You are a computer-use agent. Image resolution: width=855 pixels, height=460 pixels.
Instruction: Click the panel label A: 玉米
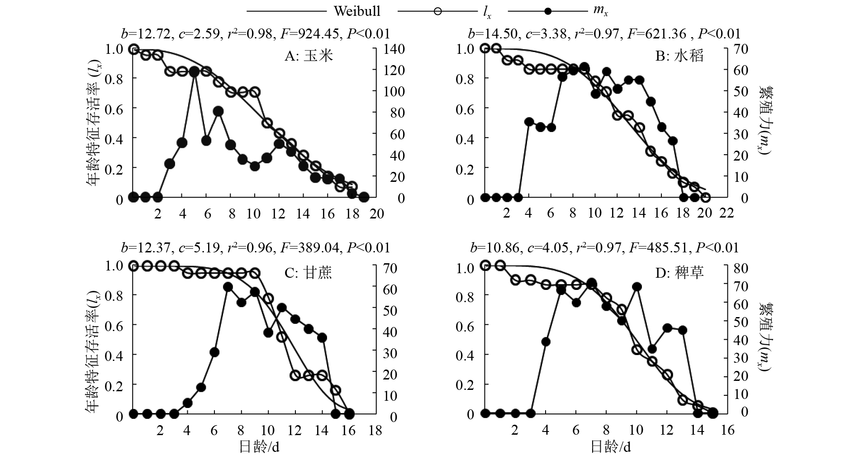click(x=309, y=56)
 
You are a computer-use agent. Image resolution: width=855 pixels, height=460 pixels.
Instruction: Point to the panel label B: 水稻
click(x=680, y=56)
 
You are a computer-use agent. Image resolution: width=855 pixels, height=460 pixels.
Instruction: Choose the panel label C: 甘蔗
click(x=308, y=273)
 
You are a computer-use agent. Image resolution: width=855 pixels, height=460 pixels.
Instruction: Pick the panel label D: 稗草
click(x=680, y=273)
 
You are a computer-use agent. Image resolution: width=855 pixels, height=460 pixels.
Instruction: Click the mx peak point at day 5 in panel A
click(x=195, y=71)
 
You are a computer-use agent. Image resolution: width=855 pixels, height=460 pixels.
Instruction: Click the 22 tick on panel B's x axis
click(x=727, y=213)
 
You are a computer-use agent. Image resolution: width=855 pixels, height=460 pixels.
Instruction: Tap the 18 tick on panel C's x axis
click(x=375, y=430)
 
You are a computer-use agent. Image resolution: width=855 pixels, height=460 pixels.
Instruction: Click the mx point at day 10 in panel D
click(x=636, y=286)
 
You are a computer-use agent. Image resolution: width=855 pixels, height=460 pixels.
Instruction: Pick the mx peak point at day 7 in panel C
click(x=228, y=287)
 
